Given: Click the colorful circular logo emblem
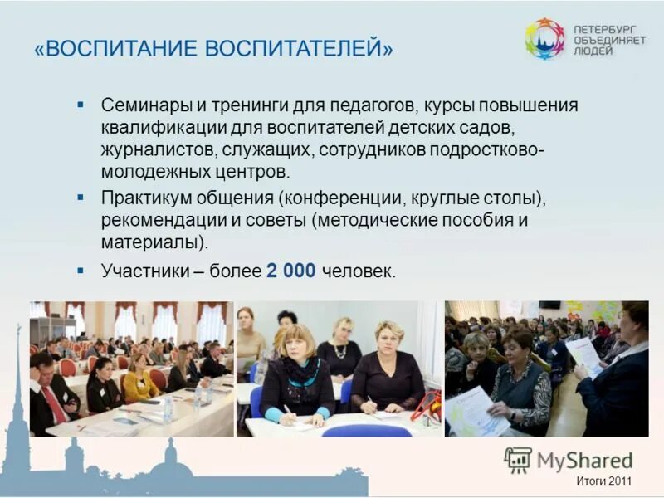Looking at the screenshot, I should (x=544, y=38).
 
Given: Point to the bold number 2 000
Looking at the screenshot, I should (x=290, y=271).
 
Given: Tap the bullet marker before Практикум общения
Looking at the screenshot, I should (x=81, y=198).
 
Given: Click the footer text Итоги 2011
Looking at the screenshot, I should (x=604, y=481).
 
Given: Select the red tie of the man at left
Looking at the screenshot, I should (x=55, y=403).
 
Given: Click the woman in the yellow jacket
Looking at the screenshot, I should (x=138, y=383).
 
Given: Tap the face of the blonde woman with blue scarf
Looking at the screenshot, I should (x=296, y=346).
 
